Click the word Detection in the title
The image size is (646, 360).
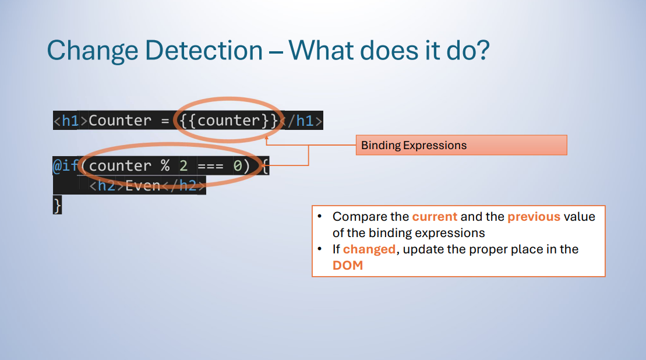[x=204, y=51]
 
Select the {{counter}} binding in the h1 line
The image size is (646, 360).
[x=229, y=121]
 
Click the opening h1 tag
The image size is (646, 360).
[x=70, y=121]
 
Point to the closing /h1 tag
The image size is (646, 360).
[x=301, y=121]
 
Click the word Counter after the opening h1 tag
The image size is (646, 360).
[x=120, y=121]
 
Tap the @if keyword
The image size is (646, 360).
[x=65, y=165]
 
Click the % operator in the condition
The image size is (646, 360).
[x=165, y=165]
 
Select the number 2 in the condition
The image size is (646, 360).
[x=183, y=165]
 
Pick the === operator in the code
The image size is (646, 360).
[x=210, y=166]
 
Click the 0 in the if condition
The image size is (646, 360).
[x=238, y=165]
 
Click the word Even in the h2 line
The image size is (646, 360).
[x=143, y=186]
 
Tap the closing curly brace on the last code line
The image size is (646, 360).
[x=57, y=204]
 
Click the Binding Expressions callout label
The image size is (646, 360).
[x=414, y=146]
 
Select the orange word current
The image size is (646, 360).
[x=435, y=217]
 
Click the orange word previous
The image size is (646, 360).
[x=534, y=217]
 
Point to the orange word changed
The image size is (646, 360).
[x=369, y=249]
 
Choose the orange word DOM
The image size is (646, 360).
[x=348, y=266]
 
